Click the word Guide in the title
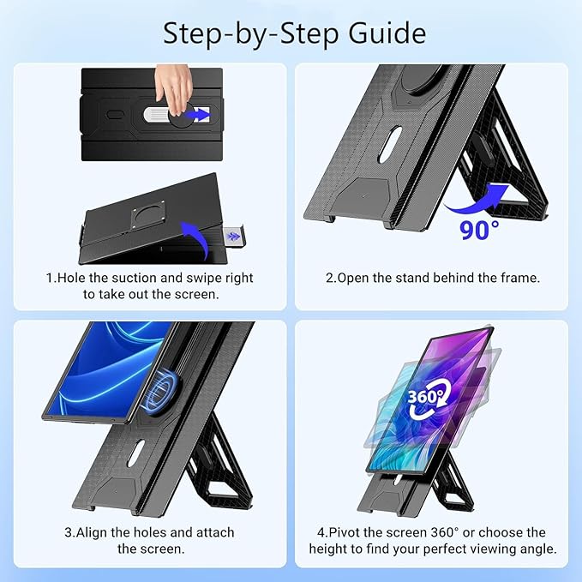click(x=387, y=33)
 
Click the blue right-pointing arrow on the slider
click(x=197, y=114)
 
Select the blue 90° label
click(x=479, y=231)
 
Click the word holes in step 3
click(x=150, y=532)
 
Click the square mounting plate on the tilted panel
click(x=148, y=215)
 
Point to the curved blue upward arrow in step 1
click(x=197, y=237)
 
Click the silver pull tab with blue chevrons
click(x=233, y=237)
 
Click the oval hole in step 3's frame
click(x=135, y=453)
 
